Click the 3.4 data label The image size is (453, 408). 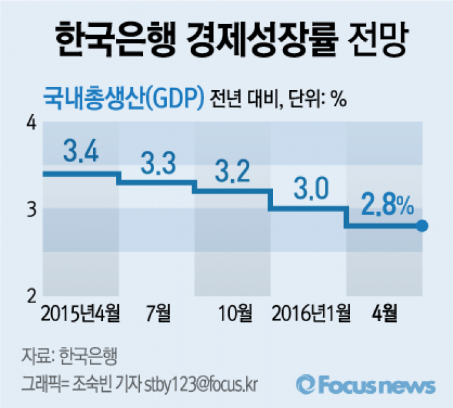coord(81,152)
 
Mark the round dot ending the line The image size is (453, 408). coord(422,226)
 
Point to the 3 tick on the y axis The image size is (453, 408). coord(30,209)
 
